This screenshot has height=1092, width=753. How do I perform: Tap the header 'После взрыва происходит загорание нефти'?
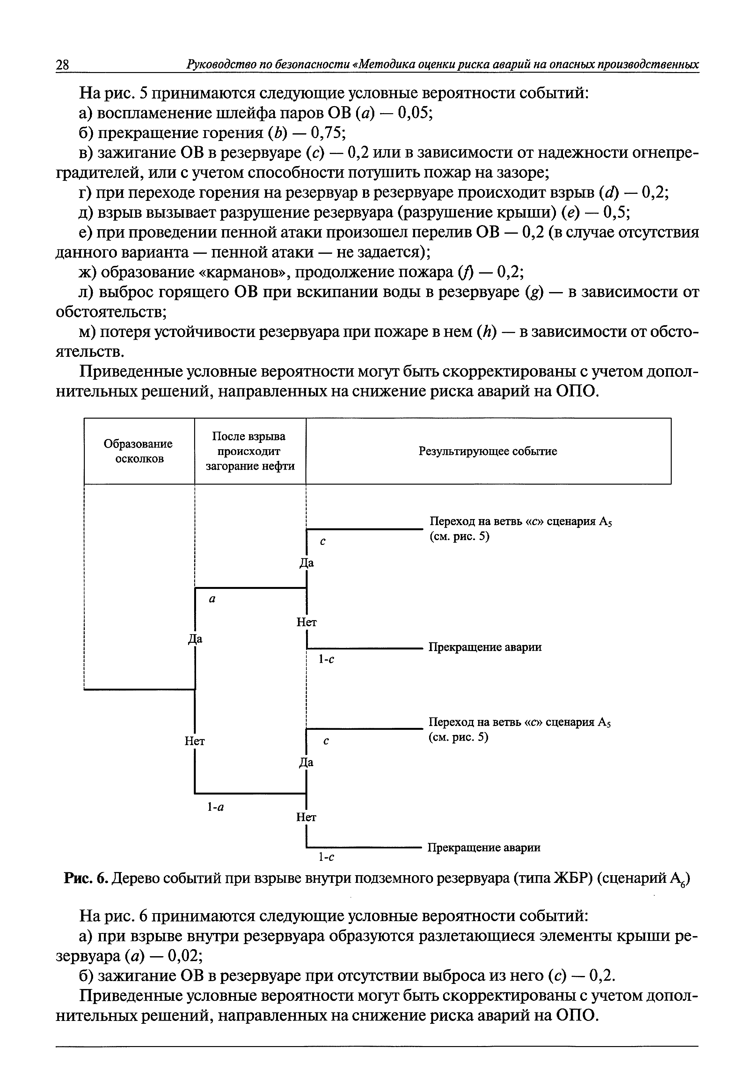(x=250, y=451)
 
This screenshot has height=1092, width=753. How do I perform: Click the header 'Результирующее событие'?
(x=488, y=451)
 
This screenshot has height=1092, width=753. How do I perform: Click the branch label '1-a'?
(x=215, y=807)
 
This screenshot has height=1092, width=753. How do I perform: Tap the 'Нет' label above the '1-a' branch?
(x=194, y=741)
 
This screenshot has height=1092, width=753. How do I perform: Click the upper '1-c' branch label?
(x=326, y=660)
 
